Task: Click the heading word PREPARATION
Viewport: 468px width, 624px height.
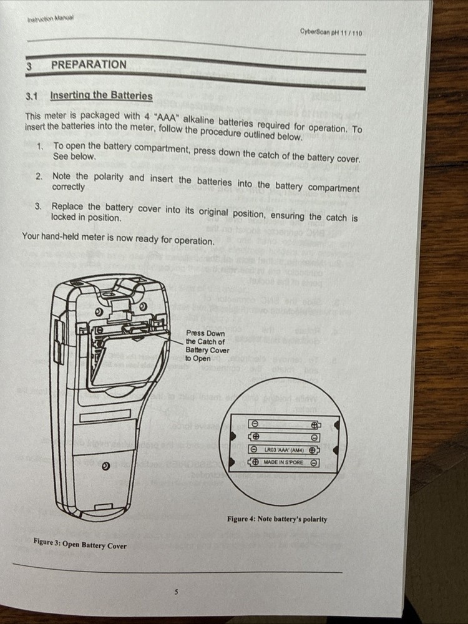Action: [88, 64]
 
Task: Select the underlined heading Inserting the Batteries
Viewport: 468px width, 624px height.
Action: [101, 95]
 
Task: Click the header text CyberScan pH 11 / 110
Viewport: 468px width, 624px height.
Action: [330, 32]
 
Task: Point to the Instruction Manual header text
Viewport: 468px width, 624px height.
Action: [51, 19]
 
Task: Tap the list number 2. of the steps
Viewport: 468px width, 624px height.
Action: [39, 177]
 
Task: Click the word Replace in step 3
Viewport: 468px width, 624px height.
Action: [67, 206]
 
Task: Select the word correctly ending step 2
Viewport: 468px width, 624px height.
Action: [69, 187]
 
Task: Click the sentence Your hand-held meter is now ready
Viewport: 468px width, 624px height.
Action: [119, 237]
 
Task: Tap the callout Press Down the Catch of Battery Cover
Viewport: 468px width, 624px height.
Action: [207, 346]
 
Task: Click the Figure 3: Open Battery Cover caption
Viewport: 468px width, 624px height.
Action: [80, 545]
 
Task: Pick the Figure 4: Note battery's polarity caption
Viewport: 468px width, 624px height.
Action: [276, 519]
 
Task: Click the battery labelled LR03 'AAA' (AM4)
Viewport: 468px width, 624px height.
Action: [284, 449]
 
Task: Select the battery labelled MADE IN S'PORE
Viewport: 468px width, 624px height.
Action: [284, 462]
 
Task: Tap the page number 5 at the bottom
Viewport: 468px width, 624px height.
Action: [177, 592]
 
